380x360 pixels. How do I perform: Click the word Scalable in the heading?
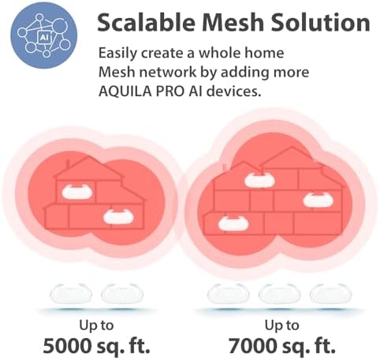pyautogui.click(x=146, y=22)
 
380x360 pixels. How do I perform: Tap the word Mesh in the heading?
pyautogui.click(x=233, y=22)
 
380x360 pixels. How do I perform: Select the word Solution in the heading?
pyautogui.click(x=321, y=22)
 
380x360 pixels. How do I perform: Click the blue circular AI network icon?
pyautogui.click(x=44, y=35)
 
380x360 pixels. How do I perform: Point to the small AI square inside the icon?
pyautogui.click(x=43, y=38)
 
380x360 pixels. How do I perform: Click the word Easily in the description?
pyautogui.click(x=118, y=54)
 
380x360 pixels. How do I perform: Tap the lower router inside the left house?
pyautogui.click(x=118, y=217)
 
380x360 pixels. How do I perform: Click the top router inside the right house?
pyautogui.click(x=259, y=180)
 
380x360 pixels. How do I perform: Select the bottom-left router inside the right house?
pyautogui.click(x=233, y=224)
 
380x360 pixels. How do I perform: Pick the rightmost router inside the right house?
pyautogui.click(x=319, y=200)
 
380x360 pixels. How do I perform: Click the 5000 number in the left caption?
pyautogui.click(x=67, y=345)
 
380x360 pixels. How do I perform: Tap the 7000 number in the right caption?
pyautogui.click(x=251, y=345)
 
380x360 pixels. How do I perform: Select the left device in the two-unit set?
pyautogui.click(x=71, y=294)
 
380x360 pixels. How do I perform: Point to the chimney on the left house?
pyautogui.click(x=68, y=164)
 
